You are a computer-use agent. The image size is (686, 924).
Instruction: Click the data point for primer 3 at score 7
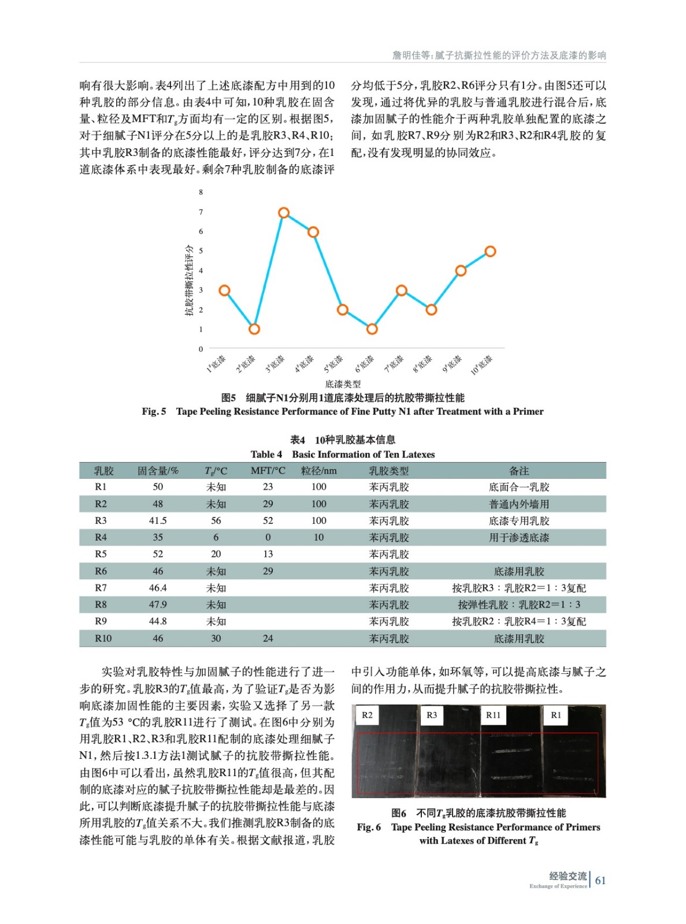pyautogui.click(x=284, y=213)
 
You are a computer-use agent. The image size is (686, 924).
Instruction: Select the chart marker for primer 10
pyautogui.click(x=490, y=251)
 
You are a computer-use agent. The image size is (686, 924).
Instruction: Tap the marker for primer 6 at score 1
pyautogui.click(x=372, y=329)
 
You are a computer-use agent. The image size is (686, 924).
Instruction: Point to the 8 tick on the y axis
pyautogui.click(x=201, y=192)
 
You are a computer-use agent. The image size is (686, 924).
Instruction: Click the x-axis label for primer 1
pyautogui.click(x=217, y=363)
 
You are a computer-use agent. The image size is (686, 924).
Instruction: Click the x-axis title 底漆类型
pyautogui.click(x=343, y=383)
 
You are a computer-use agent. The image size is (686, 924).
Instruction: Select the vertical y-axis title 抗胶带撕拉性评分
pyautogui.click(x=189, y=280)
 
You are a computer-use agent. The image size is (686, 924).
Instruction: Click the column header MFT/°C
pyautogui.click(x=268, y=471)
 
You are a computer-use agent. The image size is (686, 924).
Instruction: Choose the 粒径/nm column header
pyautogui.click(x=318, y=471)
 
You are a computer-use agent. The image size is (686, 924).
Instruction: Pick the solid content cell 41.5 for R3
pyautogui.click(x=158, y=520)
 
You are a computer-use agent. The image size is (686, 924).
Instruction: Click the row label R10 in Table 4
pyautogui.click(x=103, y=638)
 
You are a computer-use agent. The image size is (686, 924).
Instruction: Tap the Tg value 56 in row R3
pyautogui.click(x=216, y=520)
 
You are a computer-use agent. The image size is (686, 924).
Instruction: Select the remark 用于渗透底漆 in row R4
pyautogui.click(x=519, y=537)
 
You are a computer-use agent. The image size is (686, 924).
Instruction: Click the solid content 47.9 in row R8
pyautogui.click(x=158, y=605)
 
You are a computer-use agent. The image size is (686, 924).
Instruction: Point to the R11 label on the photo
pyautogui.click(x=493, y=715)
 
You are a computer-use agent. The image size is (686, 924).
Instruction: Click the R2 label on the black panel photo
pyautogui.click(x=367, y=715)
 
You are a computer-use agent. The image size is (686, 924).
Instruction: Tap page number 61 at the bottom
pyautogui.click(x=600, y=880)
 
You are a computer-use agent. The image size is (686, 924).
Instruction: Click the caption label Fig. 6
pyautogui.click(x=369, y=827)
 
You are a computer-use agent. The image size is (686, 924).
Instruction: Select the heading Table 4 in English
pyautogui.click(x=266, y=454)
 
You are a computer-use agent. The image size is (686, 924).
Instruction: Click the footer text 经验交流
pyautogui.click(x=568, y=876)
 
